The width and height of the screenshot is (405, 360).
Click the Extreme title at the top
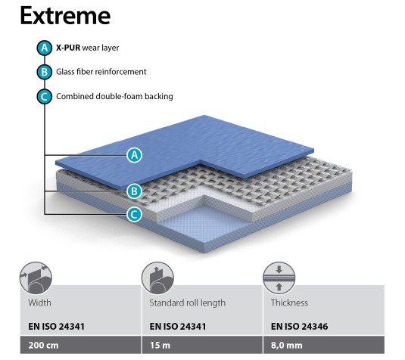click(65, 16)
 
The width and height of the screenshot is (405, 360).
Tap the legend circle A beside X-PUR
click(45, 48)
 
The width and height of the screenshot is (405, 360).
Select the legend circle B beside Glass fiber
click(45, 72)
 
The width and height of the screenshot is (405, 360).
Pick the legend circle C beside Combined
click(45, 97)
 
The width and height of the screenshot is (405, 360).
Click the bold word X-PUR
click(68, 48)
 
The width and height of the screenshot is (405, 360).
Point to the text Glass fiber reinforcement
click(101, 72)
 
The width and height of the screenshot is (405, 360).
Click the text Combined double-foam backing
click(114, 96)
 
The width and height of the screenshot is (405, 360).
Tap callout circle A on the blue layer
click(134, 155)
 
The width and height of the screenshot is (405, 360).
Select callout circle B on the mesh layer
click(134, 191)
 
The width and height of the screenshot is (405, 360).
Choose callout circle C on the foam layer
click(134, 215)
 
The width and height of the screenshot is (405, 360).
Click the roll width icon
click(36, 278)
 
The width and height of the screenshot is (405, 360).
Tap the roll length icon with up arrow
click(157, 278)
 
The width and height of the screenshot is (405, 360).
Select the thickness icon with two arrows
click(279, 278)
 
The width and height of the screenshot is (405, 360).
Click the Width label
click(39, 303)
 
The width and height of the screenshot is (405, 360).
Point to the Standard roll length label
click(188, 303)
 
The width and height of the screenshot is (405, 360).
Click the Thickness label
click(289, 303)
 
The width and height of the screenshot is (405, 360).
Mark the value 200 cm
click(43, 346)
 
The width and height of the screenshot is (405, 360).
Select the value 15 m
click(160, 346)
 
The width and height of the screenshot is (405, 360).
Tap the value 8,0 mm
click(286, 346)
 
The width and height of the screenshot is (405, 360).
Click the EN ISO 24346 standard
click(299, 327)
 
